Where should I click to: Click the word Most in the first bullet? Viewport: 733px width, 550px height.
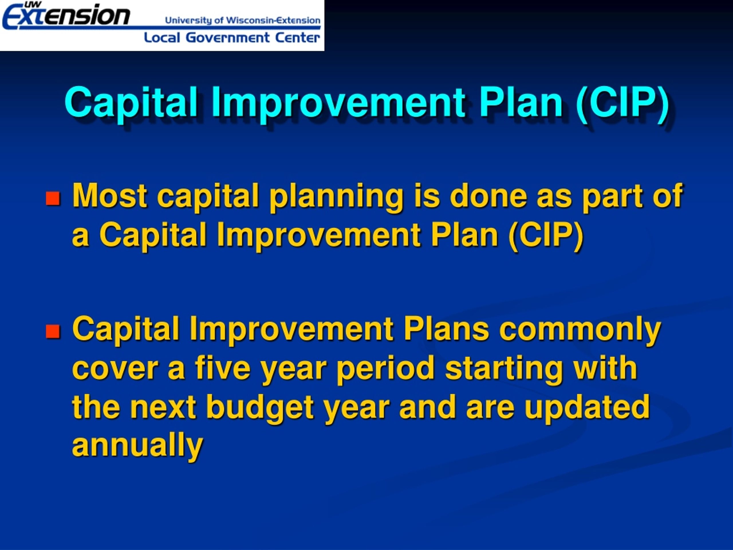[110, 196]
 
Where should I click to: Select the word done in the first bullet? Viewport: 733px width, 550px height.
[488, 196]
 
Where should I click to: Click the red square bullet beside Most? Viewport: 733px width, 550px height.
[53, 198]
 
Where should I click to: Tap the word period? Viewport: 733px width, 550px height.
[385, 369]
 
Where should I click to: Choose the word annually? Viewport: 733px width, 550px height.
[137, 446]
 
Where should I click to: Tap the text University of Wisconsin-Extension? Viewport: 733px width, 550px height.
[243, 20]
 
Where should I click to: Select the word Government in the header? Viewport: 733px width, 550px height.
[228, 38]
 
